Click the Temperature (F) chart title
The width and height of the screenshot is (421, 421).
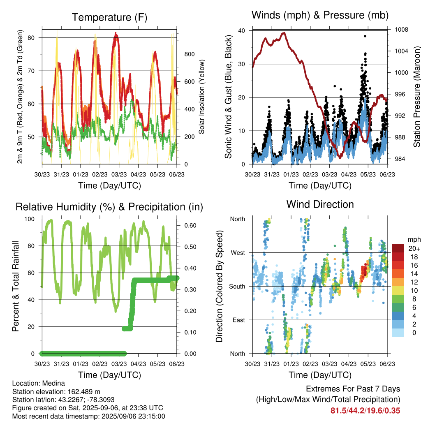tap(109, 17)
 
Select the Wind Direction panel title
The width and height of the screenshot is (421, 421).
tap(320, 204)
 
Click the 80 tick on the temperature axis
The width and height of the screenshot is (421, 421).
tap(31, 37)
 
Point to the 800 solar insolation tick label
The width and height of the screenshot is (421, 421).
tap(189, 54)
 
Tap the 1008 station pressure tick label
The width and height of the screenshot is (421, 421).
tap(401, 30)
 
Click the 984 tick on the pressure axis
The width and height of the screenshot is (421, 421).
tap(400, 159)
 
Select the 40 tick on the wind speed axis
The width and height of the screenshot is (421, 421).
tap(241, 30)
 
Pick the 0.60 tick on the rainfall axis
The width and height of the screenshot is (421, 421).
tap(190, 226)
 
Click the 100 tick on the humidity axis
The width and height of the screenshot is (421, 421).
tap(30, 219)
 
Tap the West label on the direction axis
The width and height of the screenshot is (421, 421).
tap(238, 253)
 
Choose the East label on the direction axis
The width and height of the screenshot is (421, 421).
tap(239, 320)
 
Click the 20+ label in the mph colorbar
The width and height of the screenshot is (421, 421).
tap(414, 248)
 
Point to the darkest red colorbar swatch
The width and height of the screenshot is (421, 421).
tap(398, 248)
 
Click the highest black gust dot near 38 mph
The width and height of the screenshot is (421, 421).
tap(365, 36)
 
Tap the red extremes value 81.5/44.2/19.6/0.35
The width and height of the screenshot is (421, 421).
tap(365, 411)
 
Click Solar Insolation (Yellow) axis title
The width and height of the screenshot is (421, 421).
tap(201, 97)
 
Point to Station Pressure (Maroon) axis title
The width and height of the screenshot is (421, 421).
tap(416, 97)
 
